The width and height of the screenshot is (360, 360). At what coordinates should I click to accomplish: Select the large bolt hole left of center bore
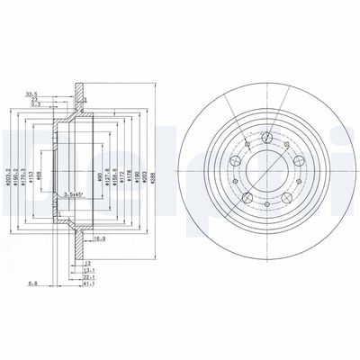[234, 162]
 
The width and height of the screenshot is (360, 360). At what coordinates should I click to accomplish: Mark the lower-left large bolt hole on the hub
[247, 195]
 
